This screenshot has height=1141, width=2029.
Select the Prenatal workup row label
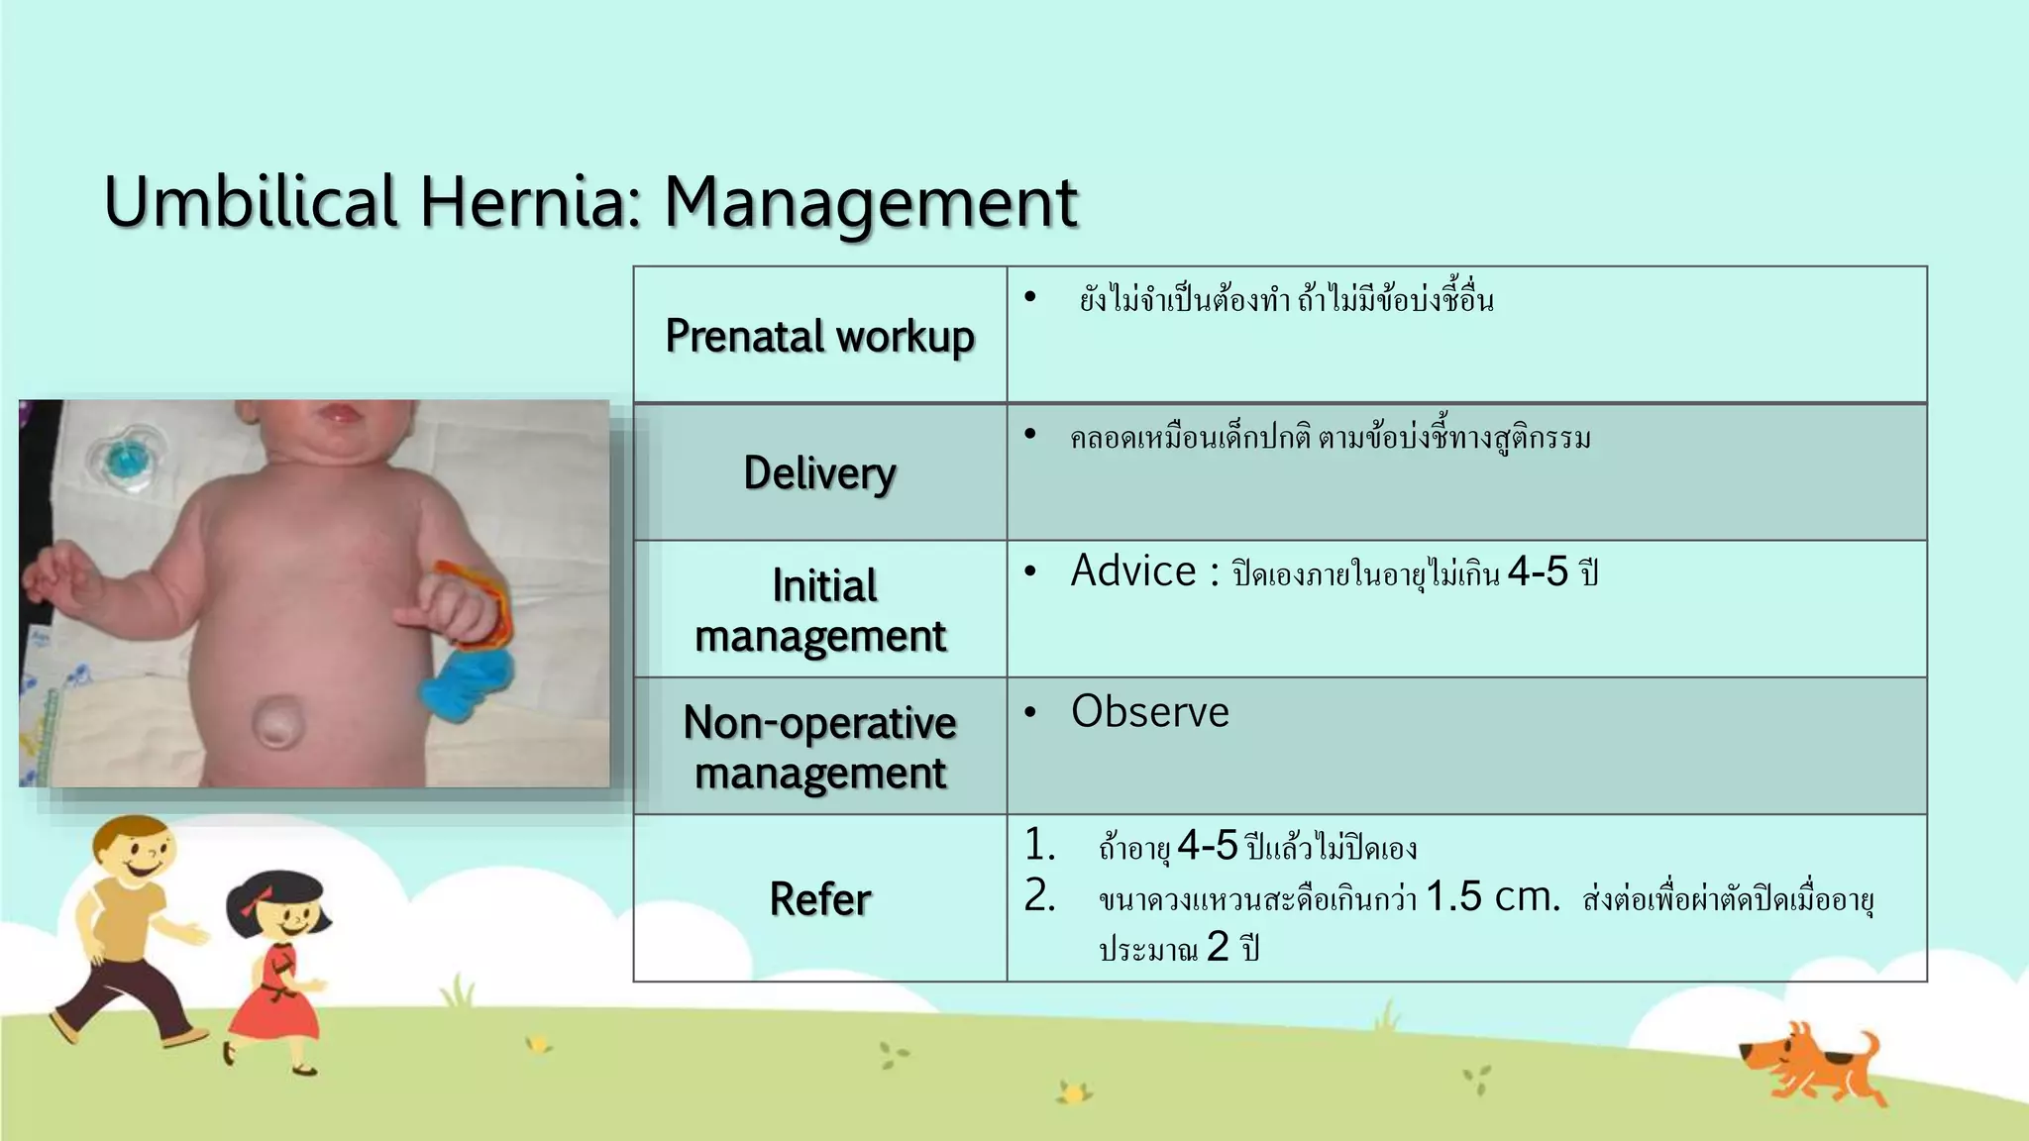[819, 336]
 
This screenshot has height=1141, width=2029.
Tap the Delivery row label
[819, 472]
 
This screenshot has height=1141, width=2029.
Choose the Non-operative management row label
[820, 747]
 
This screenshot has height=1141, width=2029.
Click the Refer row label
[820, 899]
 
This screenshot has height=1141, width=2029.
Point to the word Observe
[1149, 712]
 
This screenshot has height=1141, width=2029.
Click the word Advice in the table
[1133, 571]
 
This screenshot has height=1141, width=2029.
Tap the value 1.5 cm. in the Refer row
[1492, 897]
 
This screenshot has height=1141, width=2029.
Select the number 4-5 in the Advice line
[1538, 572]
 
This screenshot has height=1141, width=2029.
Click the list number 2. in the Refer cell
[1039, 896]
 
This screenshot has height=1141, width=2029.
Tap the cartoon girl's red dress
[277, 1000]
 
